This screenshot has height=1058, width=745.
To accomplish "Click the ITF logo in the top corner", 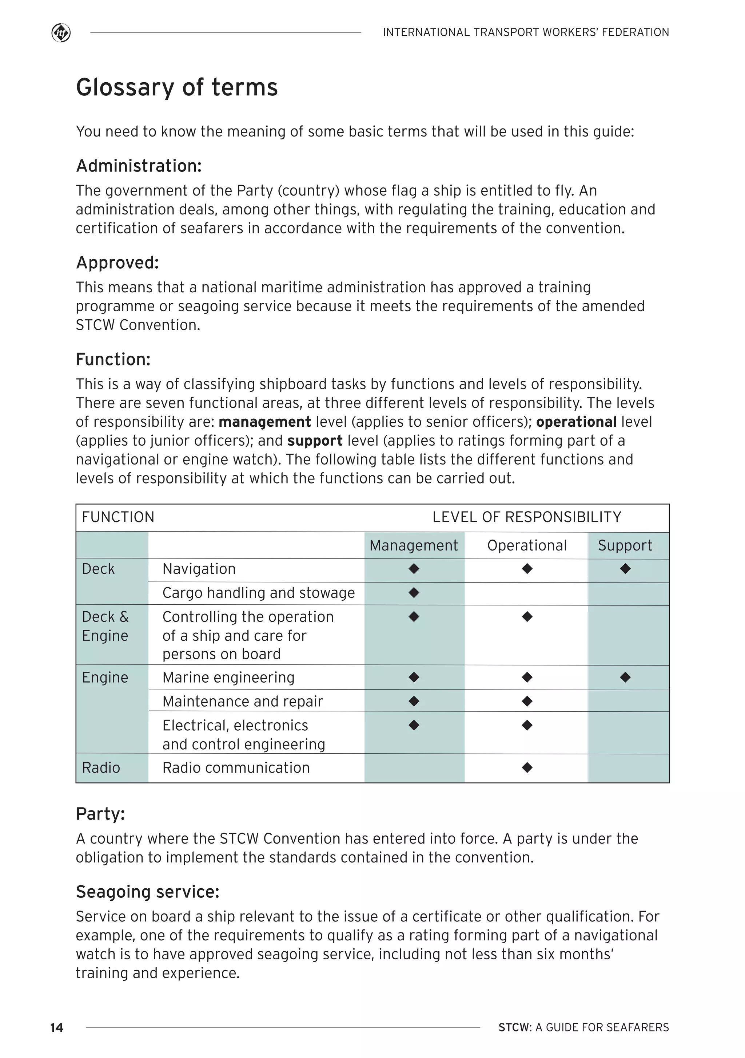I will click(x=61, y=33).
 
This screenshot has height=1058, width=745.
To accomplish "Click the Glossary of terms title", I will click(x=177, y=87).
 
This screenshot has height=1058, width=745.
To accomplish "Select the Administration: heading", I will click(x=139, y=166).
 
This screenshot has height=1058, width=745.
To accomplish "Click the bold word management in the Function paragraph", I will click(x=265, y=422).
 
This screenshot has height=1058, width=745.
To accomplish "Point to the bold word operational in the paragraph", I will click(x=576, y=422).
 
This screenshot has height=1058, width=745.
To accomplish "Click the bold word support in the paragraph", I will click(x=315, y=441).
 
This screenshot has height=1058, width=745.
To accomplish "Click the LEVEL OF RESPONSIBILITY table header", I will click(x=527, y=517).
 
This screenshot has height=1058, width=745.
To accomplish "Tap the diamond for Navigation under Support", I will click(x=625, y=569).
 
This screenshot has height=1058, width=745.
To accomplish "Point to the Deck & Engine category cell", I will click(x=105, y=626).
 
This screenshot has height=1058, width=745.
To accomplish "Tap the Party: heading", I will click(x=100, y=814).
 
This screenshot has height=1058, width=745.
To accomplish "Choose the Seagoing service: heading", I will click(x=147, y=892).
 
